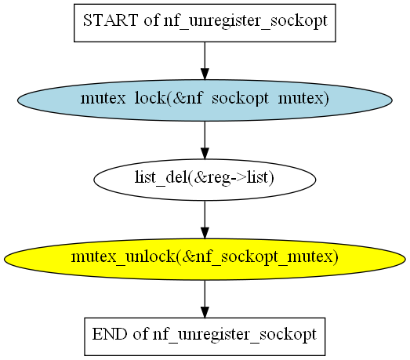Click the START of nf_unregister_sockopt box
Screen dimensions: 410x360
coord(205,23)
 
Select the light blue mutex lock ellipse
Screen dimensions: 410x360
coord(205,100)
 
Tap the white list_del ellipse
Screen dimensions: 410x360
coord(205,180)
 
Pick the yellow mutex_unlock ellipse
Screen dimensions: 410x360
coord(205,259)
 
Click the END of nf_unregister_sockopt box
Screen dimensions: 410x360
coord(205,336)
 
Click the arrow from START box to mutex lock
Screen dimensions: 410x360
coord(205,60)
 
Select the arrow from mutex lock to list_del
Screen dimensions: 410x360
coord(205,140)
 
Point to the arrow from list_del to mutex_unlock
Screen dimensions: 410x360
coord(205,220)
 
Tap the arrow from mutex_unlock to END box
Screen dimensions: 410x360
coord(205,299)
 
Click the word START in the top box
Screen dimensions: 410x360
coord(111,20)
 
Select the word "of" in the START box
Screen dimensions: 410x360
coord(151,20)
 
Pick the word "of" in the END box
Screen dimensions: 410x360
coord(140,334)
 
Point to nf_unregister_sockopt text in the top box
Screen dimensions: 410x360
coord(245,21)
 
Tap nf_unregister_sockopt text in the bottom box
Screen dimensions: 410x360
coord(234,335)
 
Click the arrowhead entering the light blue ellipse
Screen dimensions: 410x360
coord(205,74)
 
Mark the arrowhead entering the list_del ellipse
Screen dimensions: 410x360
coord(205,153)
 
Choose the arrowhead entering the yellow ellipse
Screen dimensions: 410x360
coord(205,233)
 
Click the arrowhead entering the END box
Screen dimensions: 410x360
coord(205,312)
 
